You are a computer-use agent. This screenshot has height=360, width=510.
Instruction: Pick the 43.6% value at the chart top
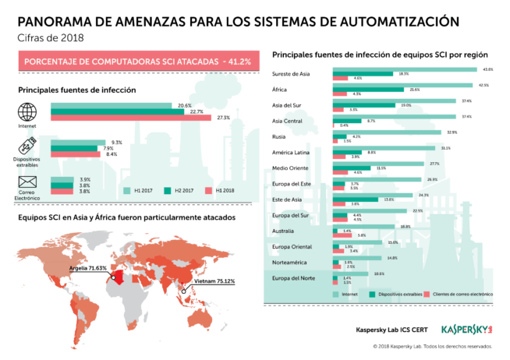(488, 69)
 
